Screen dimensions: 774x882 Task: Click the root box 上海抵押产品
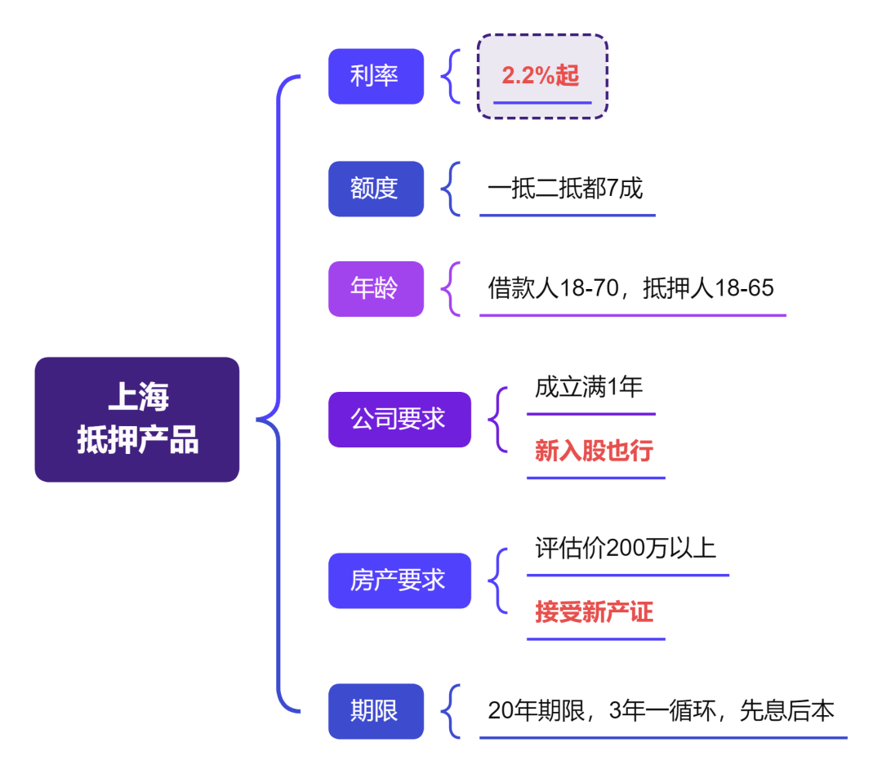click(x=137, y=419)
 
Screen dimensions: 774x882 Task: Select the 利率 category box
click(x=376, y=77)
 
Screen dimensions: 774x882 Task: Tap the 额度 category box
click(x=376, y=189)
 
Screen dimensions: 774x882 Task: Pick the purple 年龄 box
click(x=376, y=288)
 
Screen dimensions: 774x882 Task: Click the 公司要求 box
click(x=399, y=420)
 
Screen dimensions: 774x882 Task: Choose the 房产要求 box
click(x=399, y=580)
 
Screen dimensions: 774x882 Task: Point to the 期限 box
click(x=376, y=711)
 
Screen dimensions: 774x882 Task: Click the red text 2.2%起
click(x=541, y=76)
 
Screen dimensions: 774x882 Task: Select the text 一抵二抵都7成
click(x=565, y=189)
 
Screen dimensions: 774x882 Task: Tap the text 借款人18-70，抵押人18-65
click(x=630, y=288)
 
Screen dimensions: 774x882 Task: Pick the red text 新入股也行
click(x=594, y=451)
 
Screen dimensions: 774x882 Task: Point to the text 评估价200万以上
click(x=626, y=548)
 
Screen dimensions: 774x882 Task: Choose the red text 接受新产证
click(x=594, y=612)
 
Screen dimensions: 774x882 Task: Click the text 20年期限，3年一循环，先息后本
click(x=661, y=711)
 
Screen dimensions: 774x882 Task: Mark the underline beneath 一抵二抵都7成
click(x=567, y=216)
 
